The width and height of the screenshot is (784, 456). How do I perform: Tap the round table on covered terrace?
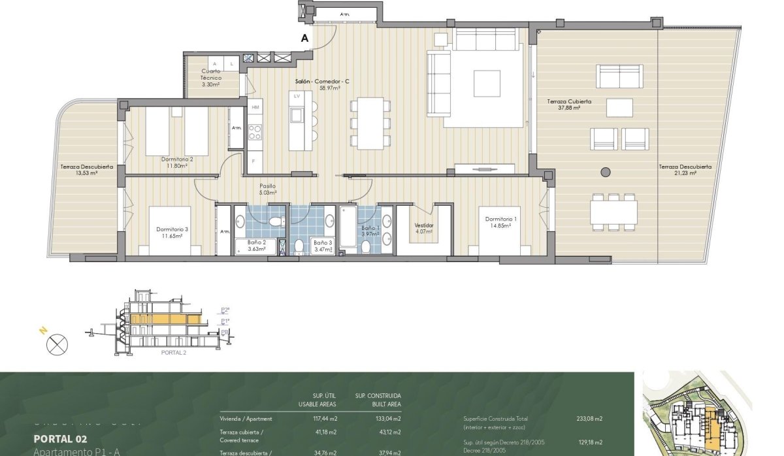click(x=605, y=172)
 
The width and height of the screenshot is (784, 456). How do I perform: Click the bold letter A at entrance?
click(x=304, y=39)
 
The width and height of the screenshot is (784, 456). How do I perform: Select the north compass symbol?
click(x=57, y=343)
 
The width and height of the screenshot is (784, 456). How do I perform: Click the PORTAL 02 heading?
click(x=59, y=439)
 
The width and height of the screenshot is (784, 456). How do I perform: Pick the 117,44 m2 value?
click(x=325, y=419)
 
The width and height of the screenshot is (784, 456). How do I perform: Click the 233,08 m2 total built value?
click(x=590, y=419)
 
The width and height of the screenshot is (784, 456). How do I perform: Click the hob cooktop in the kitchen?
click(x=255, y=133)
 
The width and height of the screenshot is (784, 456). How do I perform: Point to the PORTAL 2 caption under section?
click(x=173, y=352)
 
